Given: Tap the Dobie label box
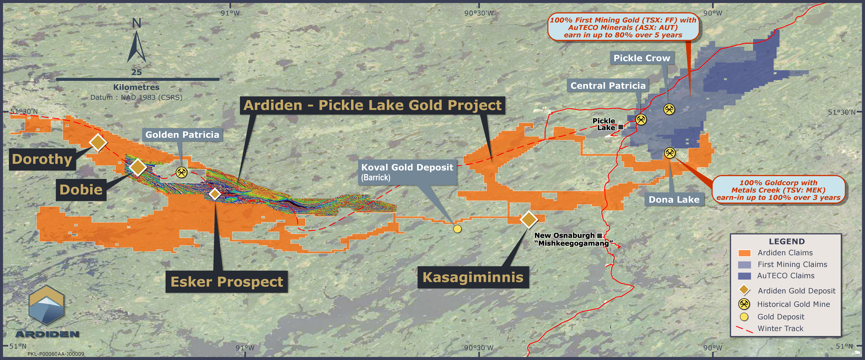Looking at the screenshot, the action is pos(81,190).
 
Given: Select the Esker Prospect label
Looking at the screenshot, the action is pos(227,282).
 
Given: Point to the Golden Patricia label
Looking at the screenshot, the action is pos(182,135).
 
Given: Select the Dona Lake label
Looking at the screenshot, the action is pos(674,200).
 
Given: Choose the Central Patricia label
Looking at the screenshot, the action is pos(608,86).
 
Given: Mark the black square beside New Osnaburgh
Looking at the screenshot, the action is pos(599,235).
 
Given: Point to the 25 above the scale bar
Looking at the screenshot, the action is pos(136,72).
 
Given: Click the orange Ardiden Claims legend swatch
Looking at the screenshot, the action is pos(745,253).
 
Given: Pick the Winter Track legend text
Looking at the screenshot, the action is pos(780,328).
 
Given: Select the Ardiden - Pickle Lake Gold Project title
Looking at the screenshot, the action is pos(372,105).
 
